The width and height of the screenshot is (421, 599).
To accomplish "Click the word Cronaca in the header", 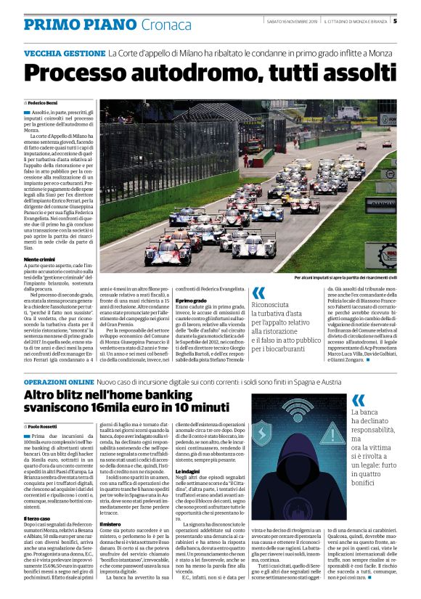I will coord(144,24).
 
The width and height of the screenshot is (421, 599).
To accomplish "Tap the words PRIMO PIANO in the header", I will coord(70,24).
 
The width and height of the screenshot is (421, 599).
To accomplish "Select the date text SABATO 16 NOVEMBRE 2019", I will coord(292,21).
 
